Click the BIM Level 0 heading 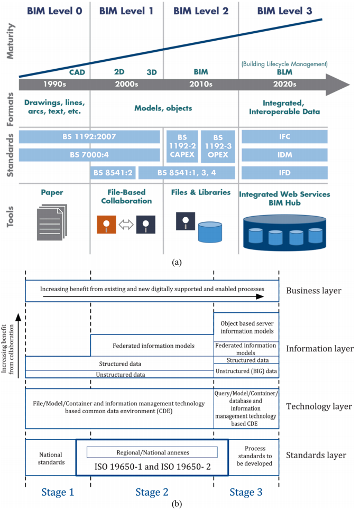coord(54,11)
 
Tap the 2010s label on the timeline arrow coord(201,84)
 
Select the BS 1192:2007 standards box coord(89,136)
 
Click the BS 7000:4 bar coord(89,155)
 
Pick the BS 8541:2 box coord(113,173)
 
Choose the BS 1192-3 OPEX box coord(218,146)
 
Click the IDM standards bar coord(284,155)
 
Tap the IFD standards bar coord(284,173)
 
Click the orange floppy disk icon coord(106,225)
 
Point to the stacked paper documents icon coord(52,222)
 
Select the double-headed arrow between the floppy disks coord(126,225)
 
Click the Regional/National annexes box coord(152,452)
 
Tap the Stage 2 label coord(152,492)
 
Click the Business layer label coord(313,291)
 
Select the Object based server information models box coord(246,327)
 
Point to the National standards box coord(51,458)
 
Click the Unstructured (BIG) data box coord(246,371)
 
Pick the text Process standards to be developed coord(254,456)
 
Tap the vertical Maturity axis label coord(11,41)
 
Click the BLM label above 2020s coord(284,72)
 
